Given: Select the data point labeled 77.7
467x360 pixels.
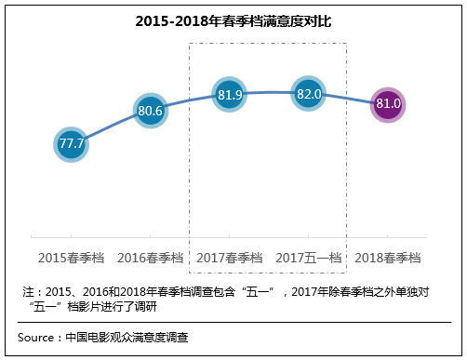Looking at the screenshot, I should [x=72, y=145].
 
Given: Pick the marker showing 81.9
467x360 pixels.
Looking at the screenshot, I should [x=229, y=95].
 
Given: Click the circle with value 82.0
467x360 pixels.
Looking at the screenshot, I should [x=308, y=94].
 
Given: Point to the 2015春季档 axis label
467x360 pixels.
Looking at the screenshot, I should [x=72, y=256].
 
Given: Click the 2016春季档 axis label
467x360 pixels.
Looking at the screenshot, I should [x=151, y=256].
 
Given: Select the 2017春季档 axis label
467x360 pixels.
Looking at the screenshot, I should [x=229, y=256].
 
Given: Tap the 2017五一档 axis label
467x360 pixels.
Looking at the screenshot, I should [x=308, y=256].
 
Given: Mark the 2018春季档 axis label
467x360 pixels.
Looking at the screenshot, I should [x=387, y=256].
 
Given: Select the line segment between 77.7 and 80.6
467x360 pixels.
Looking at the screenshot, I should [x=112, y=127].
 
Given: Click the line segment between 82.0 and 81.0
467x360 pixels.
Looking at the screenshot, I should [x=348, y=99].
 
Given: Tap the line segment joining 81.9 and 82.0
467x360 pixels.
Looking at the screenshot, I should [x=269, y=92].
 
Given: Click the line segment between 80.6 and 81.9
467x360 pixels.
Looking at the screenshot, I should [x=190, y=100].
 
